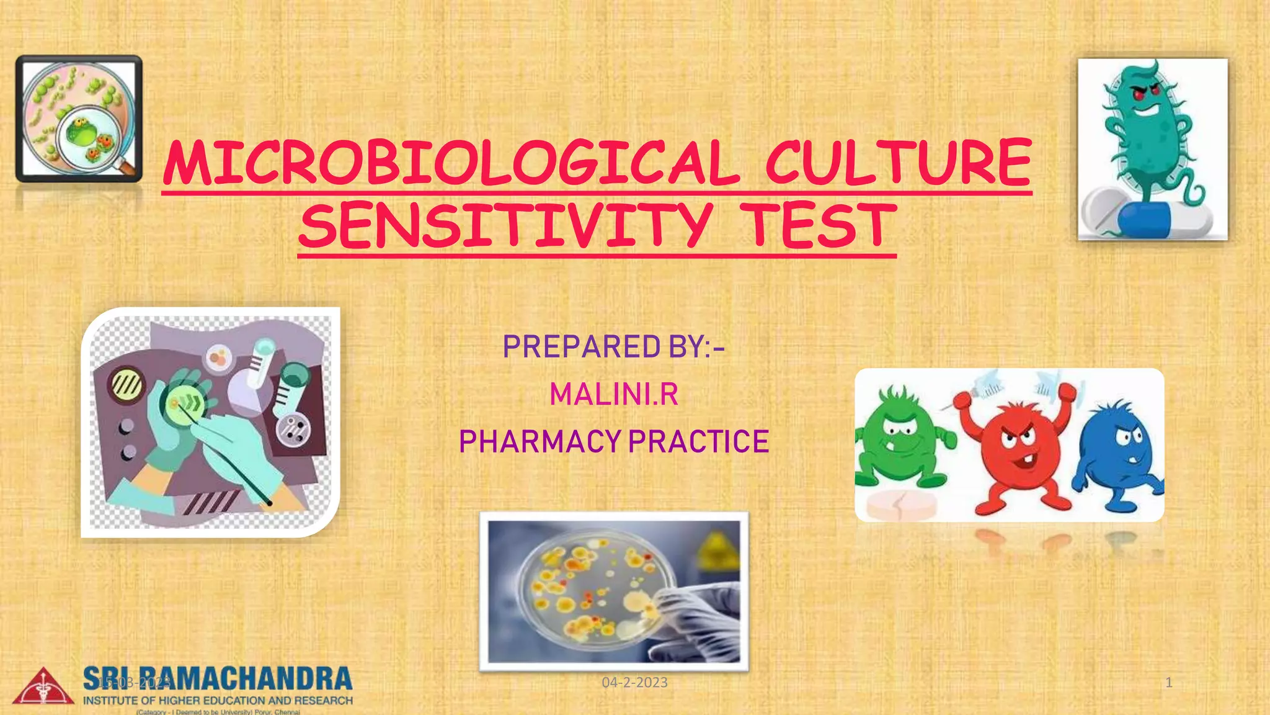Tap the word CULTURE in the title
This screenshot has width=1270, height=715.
point(899,163)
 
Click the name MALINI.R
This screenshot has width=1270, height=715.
point(614,394)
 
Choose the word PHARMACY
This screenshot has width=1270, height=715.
point(540,442)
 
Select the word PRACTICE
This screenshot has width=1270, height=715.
point(699,442)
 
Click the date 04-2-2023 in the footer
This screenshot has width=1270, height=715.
point(634,683)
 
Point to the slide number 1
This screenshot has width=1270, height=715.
point(1169,683)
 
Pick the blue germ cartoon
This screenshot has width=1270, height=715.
point(1116,453)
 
